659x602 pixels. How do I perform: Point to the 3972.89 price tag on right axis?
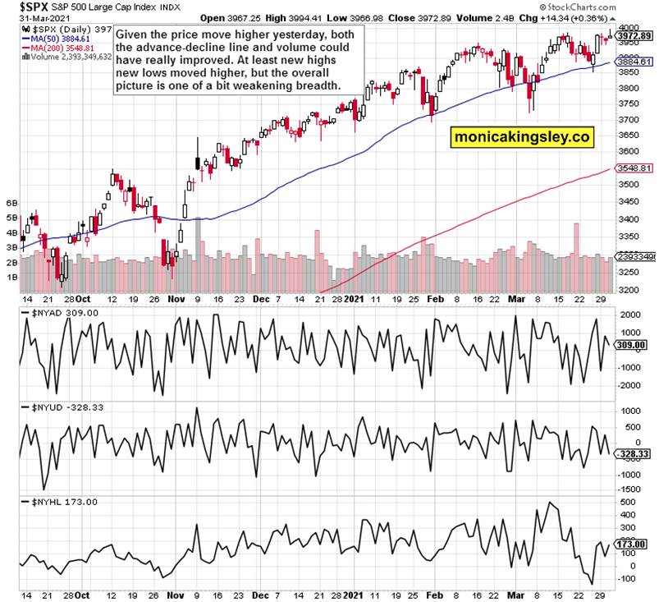pos(634,36)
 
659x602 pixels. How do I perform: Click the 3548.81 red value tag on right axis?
pos(634,168)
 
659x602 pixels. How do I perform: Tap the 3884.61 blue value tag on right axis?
pos(634,62)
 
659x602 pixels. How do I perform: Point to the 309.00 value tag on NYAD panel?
pos(634,345)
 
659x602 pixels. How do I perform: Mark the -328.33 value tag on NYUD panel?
pos(634,453)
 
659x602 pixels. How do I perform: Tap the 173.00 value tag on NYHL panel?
pos(634,543)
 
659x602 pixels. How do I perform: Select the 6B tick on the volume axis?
pos(11,202)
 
